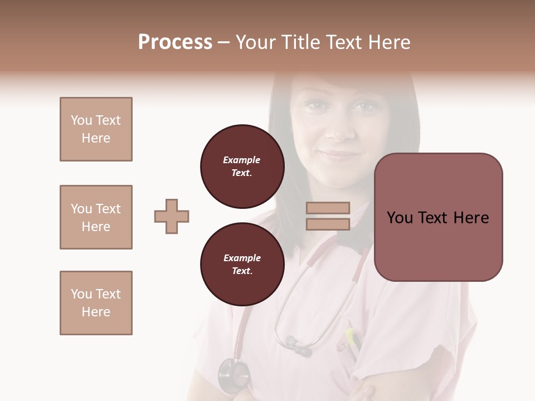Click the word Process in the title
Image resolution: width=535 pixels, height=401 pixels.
click(175, 42)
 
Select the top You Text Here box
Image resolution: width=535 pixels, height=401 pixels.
click(96, 129)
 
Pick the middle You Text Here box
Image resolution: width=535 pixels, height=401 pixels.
click(96, 217)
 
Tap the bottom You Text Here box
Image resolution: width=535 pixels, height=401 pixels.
click(96, 303)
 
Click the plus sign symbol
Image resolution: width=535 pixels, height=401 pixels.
click(172, 216)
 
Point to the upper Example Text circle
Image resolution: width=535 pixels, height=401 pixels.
click(242, 167)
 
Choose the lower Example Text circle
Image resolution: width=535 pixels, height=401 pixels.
click(242, 265)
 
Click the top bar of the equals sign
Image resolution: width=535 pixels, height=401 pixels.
click(328, 208)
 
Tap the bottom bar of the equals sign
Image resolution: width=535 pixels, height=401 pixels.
click(328, 224)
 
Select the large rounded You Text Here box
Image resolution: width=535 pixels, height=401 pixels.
click(438, 217)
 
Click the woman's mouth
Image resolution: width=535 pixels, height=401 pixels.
click(338, 155)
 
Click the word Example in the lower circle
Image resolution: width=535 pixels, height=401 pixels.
click(242, 258)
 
